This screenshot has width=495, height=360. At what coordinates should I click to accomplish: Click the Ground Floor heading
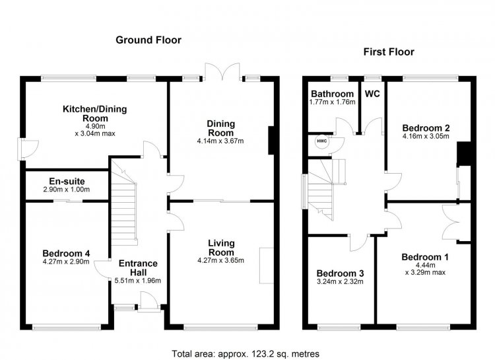pos(148,40)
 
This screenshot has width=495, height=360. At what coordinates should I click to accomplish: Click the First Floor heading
pos(389,52)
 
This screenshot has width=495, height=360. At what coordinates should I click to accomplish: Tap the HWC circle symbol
pos(322,141)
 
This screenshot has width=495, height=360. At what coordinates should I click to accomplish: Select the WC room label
pos(372,94)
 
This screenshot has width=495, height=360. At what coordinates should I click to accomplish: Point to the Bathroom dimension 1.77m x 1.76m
pos(333,102)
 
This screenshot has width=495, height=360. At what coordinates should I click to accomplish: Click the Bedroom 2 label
pos(426,128)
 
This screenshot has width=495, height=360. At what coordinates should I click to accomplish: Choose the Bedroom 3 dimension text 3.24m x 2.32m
pos(340,281)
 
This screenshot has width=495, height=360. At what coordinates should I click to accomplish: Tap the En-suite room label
pos(67,182)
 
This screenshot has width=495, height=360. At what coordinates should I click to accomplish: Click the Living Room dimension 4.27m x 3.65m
pos(220,261)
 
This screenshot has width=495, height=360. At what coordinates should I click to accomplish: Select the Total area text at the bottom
pos(246,353)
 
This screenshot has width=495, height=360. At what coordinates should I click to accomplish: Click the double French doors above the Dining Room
pos(222,71)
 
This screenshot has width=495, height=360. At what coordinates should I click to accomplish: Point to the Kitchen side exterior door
pos(29,149)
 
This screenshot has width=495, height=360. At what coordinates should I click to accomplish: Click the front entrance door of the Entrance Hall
pos(148,302)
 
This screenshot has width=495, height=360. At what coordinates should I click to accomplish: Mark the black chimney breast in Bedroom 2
pos(464,154)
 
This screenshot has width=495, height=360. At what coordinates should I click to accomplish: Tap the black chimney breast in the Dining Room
pos(271,140)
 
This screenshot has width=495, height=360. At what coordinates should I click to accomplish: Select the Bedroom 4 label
pos(66,254)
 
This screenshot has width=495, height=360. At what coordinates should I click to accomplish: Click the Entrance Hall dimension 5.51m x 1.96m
pos(138,281)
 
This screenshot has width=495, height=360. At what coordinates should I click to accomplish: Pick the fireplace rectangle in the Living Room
pos(267,266)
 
